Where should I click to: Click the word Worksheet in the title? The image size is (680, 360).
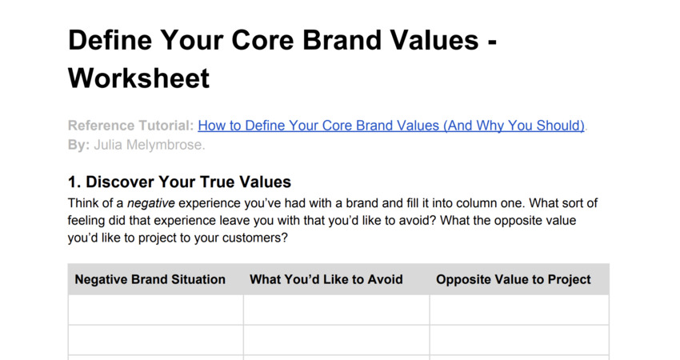(x=138, y=78)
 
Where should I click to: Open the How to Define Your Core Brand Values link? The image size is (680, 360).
(x=391, y=126)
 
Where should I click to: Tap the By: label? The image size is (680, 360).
(x=78, y=146)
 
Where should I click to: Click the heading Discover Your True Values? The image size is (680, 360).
(x=188, y=182)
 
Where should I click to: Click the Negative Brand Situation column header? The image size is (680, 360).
(x=150, y=279)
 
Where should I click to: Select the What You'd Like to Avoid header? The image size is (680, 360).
(x=326, y=279)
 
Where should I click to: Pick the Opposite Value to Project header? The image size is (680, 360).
(x=514, y=279)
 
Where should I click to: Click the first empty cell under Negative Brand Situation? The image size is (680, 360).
(x=155, y=310)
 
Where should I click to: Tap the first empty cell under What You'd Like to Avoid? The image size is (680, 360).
(x=336, y=310)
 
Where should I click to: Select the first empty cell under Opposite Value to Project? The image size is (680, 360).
(x=518, y=310)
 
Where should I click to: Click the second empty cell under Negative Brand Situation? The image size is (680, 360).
(x=155, y=340)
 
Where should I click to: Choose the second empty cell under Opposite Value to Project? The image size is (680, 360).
(x=518, y=340)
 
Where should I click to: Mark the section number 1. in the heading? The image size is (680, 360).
(x=74, y=182)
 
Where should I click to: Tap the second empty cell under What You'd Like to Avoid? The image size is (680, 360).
(x=336, y=340)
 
